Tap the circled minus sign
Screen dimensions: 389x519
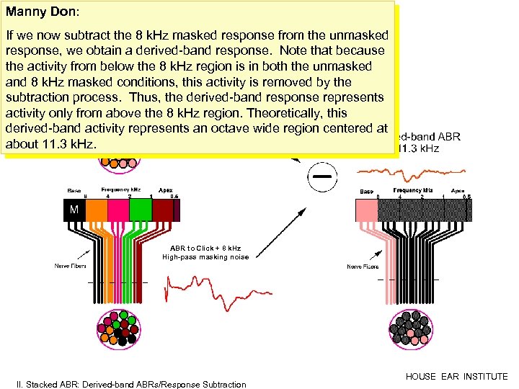[x=322, y=176]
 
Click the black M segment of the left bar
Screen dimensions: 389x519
[x=74, y=210]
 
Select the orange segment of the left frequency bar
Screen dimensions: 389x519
[x=96, y=210]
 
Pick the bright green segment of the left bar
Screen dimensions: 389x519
[x=141, y=210]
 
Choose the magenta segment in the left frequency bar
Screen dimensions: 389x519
[x=118, y=210]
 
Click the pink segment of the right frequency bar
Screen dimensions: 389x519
[x=368, y=210]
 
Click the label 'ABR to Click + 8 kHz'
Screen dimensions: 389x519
[x=195, y=249]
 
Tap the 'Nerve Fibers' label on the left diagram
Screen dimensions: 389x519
[x=71, y=266]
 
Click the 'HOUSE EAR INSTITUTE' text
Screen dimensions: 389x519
[x=456, y=376]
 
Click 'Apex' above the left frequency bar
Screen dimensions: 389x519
[x=166, y=189]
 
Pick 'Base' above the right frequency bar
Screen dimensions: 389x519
[x=367, y=191]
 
